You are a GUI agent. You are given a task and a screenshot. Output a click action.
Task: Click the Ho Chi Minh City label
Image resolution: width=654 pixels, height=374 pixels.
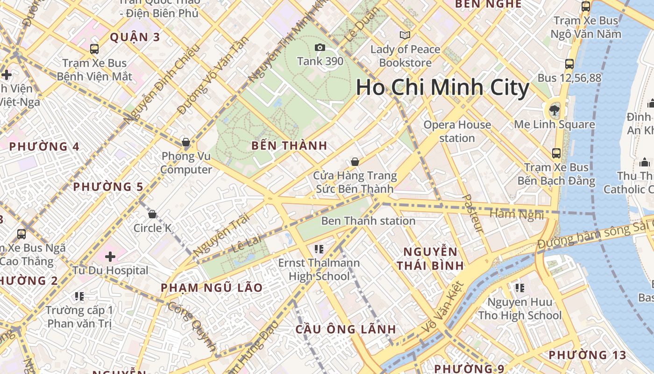pos(442,87)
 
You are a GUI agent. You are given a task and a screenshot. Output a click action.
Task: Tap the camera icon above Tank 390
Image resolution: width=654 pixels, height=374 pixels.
pos(320,47)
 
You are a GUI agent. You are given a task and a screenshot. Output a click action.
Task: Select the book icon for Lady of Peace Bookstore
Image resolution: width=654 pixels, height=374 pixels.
pos(405,35)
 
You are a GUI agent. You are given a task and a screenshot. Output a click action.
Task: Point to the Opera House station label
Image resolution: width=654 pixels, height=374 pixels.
pos(457,131)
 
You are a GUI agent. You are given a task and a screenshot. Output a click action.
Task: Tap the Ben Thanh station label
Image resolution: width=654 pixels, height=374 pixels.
pos(368,221)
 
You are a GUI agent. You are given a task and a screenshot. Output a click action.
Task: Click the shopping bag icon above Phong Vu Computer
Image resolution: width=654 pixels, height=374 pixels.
pos(185,142)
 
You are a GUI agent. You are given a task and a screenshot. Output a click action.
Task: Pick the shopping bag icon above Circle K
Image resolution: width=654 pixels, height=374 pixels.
pos(152,214)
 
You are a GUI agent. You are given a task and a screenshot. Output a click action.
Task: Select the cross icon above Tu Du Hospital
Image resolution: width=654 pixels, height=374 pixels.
pos(110,257)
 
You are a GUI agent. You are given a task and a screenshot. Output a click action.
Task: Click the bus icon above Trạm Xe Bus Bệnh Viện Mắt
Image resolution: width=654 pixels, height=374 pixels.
pos(94,49)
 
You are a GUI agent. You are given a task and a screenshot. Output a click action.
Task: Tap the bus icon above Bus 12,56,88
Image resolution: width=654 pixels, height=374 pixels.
pos(569,64)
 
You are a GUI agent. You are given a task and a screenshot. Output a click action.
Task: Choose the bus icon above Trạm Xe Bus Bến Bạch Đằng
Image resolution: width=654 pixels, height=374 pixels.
pos(556,153)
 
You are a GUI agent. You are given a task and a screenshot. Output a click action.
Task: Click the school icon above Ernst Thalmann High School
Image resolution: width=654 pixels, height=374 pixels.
pos(319,249)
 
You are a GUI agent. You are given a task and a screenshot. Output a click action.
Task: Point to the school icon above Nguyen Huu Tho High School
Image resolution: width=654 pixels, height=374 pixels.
pos(519,288)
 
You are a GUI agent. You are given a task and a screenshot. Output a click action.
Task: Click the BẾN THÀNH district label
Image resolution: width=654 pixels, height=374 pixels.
pos(289,145)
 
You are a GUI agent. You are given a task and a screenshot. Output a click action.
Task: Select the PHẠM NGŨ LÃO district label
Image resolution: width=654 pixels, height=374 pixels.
pos(212,288)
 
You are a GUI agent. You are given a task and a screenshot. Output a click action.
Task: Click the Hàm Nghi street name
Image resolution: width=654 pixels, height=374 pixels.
pos(516,214)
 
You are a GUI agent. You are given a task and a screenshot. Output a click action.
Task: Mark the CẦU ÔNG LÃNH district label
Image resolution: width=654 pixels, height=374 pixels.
pos(346,329)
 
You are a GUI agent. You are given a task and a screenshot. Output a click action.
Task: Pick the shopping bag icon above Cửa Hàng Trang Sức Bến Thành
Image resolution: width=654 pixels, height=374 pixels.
pos(355,162)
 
